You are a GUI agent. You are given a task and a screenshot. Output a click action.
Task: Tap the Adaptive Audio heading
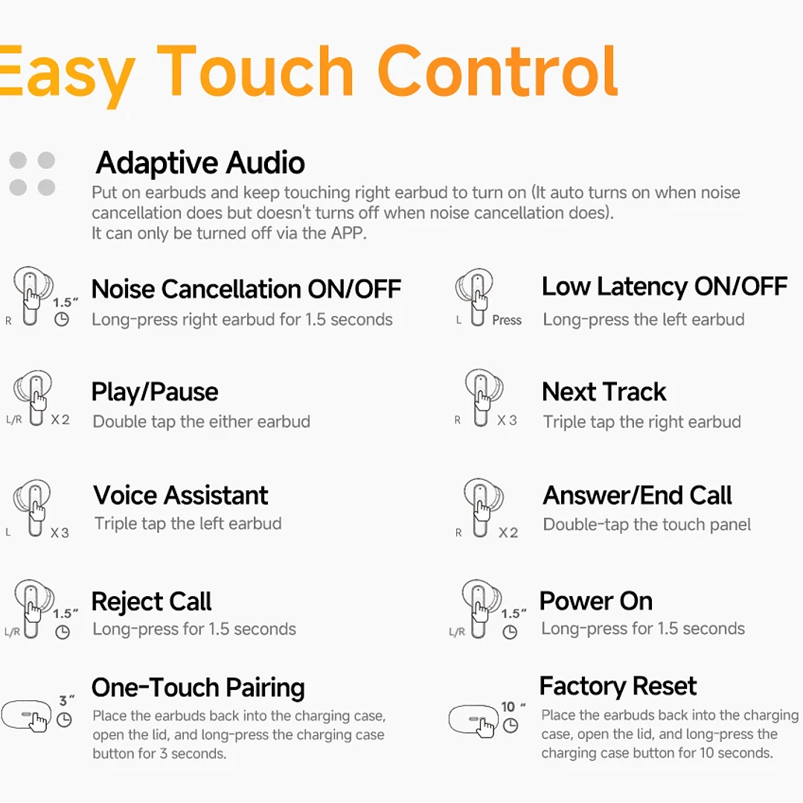[200, 162]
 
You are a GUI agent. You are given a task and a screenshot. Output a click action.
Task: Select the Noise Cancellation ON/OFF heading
[246, 289]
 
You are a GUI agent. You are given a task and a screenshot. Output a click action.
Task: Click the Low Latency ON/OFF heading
[664, 287]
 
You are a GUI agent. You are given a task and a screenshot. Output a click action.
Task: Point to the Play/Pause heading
[155, 392]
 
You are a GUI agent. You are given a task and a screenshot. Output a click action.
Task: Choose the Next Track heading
[604, 391]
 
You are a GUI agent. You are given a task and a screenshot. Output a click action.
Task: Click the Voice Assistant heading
[181, 496]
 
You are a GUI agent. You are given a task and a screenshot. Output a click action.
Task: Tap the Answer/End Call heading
[637, 496]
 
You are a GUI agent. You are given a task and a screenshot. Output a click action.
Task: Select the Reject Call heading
[151, 601]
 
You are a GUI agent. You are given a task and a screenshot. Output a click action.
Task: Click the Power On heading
[595, 601]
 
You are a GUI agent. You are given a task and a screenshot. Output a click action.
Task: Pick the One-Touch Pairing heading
[198, 688]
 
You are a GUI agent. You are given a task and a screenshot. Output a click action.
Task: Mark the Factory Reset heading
[618, 685]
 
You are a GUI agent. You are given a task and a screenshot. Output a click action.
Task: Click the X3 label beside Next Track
[507, 420]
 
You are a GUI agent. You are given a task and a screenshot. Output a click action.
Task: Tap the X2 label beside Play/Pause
[60, 420]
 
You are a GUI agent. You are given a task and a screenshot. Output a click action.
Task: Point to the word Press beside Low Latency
[507, 320]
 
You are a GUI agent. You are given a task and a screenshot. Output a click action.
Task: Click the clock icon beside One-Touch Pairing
[65, 720]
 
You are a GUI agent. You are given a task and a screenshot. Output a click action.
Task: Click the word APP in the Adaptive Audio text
[348, 233]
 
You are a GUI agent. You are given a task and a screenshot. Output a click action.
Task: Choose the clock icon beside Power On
[510, 633]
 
